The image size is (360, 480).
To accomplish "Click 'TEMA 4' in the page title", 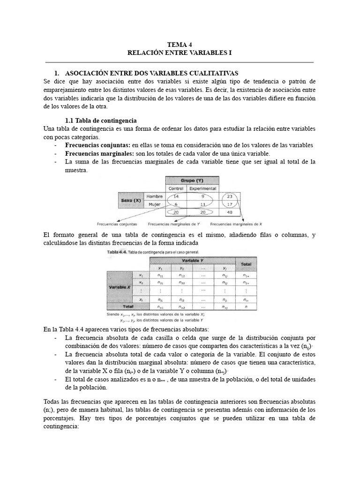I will (180, 45).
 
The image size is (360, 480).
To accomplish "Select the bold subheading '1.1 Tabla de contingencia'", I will (101, 120).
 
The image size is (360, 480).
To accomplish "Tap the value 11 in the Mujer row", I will (202, 204).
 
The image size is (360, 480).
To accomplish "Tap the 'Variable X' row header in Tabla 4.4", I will (120, 286).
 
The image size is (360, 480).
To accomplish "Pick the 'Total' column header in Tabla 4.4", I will (247, 264).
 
